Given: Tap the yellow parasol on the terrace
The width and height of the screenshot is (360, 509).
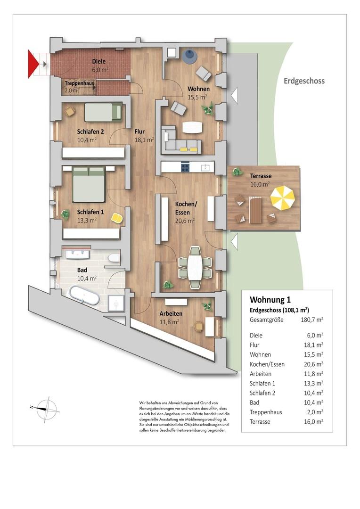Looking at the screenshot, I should [282, 198].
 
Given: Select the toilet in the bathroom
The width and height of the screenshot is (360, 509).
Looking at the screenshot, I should [113, 258].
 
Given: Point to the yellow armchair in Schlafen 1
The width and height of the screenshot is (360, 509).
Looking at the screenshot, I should [116, 218].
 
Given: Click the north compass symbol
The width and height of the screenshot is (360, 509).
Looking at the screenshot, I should [47, 407].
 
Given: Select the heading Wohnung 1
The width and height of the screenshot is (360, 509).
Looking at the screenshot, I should [270, 300].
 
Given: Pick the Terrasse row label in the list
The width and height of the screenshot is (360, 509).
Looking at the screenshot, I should [260, 422].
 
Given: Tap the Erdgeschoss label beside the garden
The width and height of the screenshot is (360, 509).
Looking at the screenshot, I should [304, 81].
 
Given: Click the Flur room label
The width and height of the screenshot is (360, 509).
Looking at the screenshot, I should [139, 132].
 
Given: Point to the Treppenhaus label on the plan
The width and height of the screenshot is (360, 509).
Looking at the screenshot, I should [79, 83].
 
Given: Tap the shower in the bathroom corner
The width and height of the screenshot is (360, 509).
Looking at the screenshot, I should [116, 304].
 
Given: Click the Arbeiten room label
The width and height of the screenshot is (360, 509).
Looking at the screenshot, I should [171, 313].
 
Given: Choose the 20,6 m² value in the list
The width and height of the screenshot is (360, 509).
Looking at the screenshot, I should [313, 364].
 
